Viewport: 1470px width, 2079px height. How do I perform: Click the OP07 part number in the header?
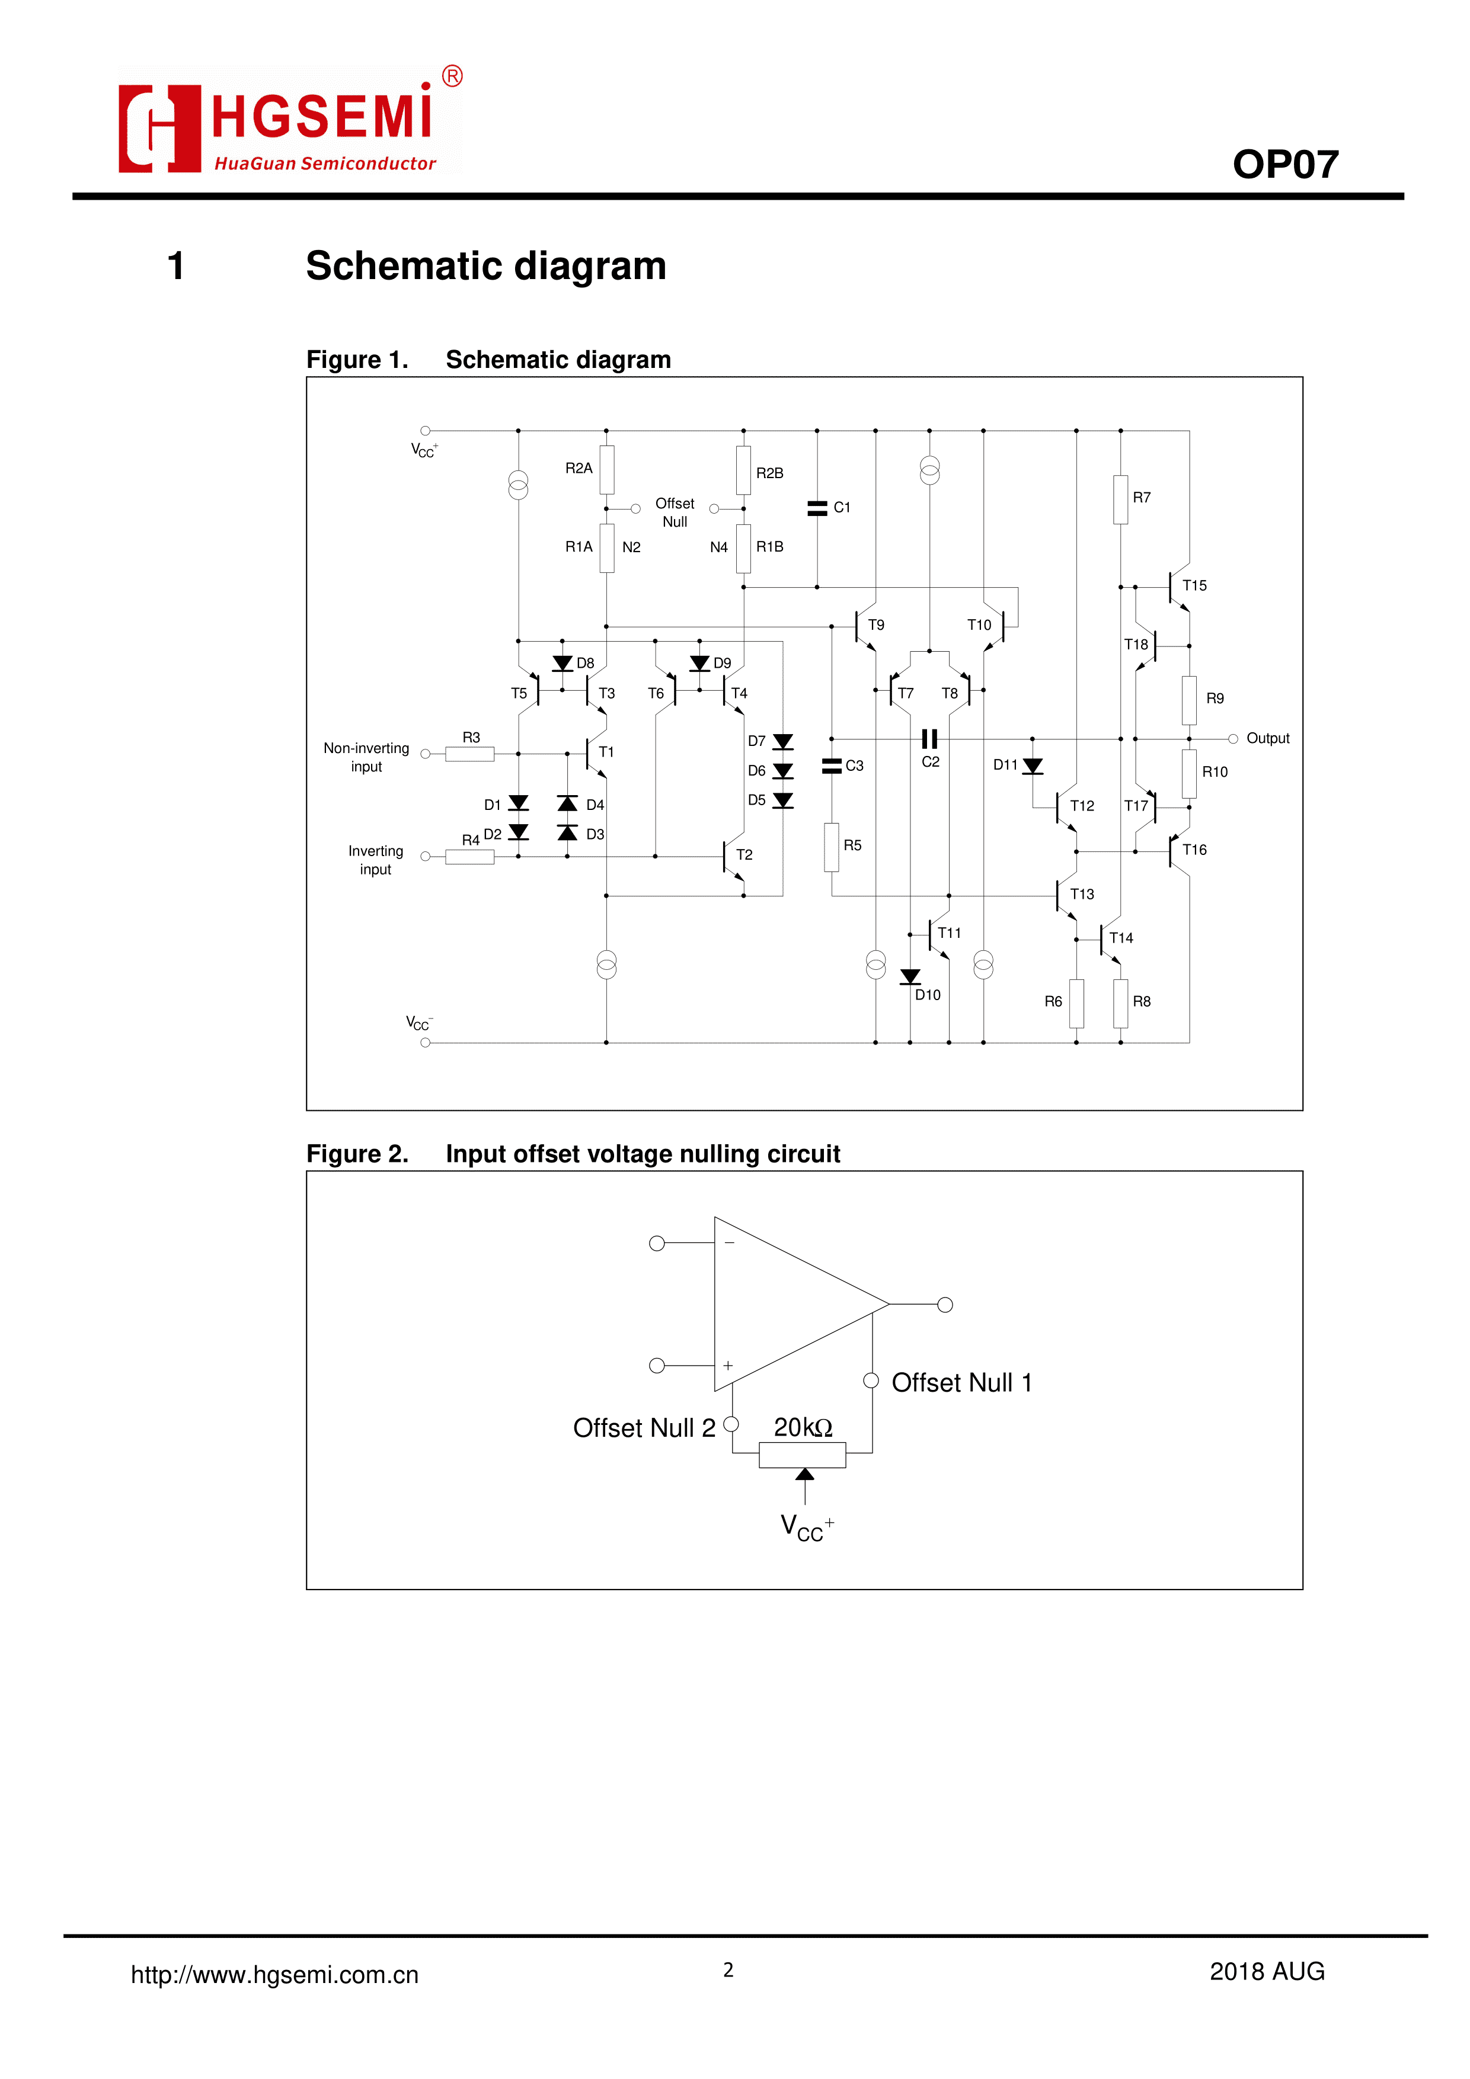pyautogui.click(x=1284, y=165)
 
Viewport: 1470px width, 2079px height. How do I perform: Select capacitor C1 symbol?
pyautogui.click(x=817, y=509)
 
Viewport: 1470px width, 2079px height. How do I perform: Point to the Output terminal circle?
pyautogui.click(x=1233, y=739)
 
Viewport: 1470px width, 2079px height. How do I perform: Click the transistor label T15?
pyautogui.click(x=1194, y=586)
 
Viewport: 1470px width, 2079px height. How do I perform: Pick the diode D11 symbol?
pyautogui.click(x=1033, y=767)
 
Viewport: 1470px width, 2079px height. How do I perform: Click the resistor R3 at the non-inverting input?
pyautogui.click(x=469, y=754)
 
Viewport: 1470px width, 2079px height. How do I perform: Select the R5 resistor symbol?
pyautogui.click(x=832, y=847)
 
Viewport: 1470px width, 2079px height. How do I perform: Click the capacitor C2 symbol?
pyautogui.click(x=929, y=739)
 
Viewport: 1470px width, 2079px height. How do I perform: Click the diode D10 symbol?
pyautogui.click(x=910, y=977)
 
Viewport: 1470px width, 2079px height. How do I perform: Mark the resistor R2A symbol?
pyautogui.click(x=607, y=469)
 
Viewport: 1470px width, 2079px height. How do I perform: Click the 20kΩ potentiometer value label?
pyautogui.click(x=803, y=1427)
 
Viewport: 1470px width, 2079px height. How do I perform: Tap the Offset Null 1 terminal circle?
pyautogui.click(x=871, y=1381)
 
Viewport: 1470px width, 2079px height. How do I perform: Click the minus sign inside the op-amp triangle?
pyautogui.click(x=729, y=1243)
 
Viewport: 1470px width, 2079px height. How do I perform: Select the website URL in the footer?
pyautogui.click(x=274, y=1975)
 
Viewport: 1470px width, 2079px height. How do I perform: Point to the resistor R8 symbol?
pyautogui.click(x=1120, y=1003)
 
